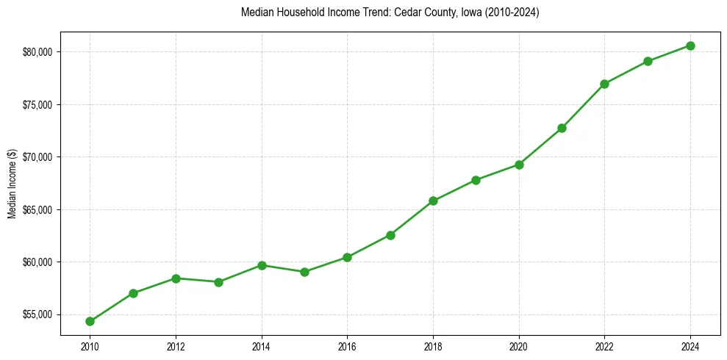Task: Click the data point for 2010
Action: [x=90, y=321]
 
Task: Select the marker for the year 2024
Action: [x=690, y=46]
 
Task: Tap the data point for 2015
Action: [x=304, y=272]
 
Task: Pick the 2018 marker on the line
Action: [x=433, y=201]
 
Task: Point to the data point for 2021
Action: [x=562, y=128]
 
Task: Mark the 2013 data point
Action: [x=218, y=282]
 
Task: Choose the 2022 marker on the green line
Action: [x=604, y=84]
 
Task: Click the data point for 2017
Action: [x=390, y=235]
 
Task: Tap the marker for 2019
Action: [x=476, y=180]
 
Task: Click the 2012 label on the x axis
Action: [x=176, y=346]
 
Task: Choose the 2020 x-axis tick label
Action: [x=519, y=346]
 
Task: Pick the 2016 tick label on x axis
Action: [x=347, y=346]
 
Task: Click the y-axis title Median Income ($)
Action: [x=12, y=183]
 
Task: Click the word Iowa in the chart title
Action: [x=470, y=12]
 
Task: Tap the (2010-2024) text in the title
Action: [x=512, y=12]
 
